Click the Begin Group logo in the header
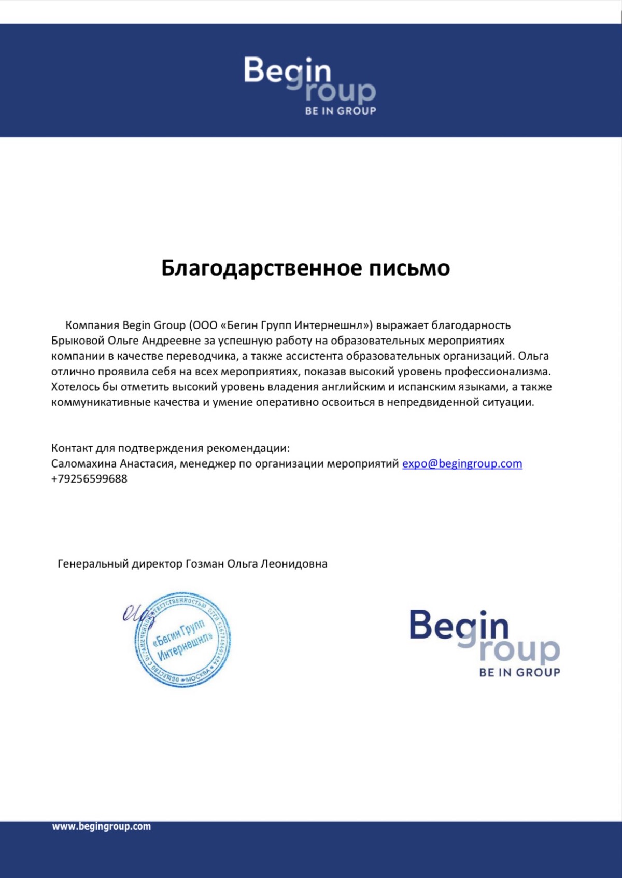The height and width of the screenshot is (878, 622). pos(310,85)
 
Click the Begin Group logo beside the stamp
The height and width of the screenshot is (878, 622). pos(485,643)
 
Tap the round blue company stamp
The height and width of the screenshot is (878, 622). pos(182,640)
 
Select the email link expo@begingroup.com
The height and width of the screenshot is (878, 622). pos(462,463)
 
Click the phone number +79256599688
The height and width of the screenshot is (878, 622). pos(89,479)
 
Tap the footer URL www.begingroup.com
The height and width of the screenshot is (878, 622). pos(101,826)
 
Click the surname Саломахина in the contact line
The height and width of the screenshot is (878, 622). pos(84,463)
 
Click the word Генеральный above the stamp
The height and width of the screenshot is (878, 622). pos(93,563)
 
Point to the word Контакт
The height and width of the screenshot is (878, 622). pos(72,448)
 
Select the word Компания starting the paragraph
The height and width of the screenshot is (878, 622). pos(92,325)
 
